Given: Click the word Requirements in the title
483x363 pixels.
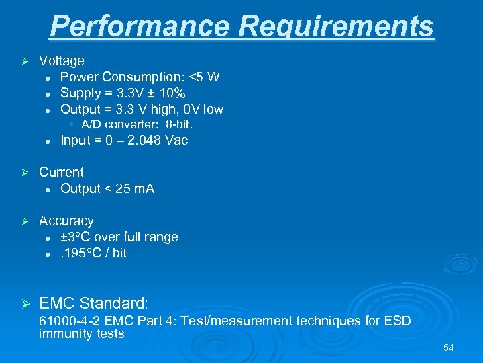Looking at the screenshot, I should click(337, 27).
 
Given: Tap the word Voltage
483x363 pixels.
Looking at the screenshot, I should click(62, 61).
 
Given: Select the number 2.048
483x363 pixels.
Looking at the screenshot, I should click(144, 140).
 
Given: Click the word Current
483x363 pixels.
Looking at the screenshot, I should click(61, 172).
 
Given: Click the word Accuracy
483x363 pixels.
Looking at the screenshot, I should click(66, 220).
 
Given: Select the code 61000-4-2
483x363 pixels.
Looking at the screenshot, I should click(70, 321).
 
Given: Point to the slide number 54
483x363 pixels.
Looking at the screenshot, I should click(448, 348).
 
